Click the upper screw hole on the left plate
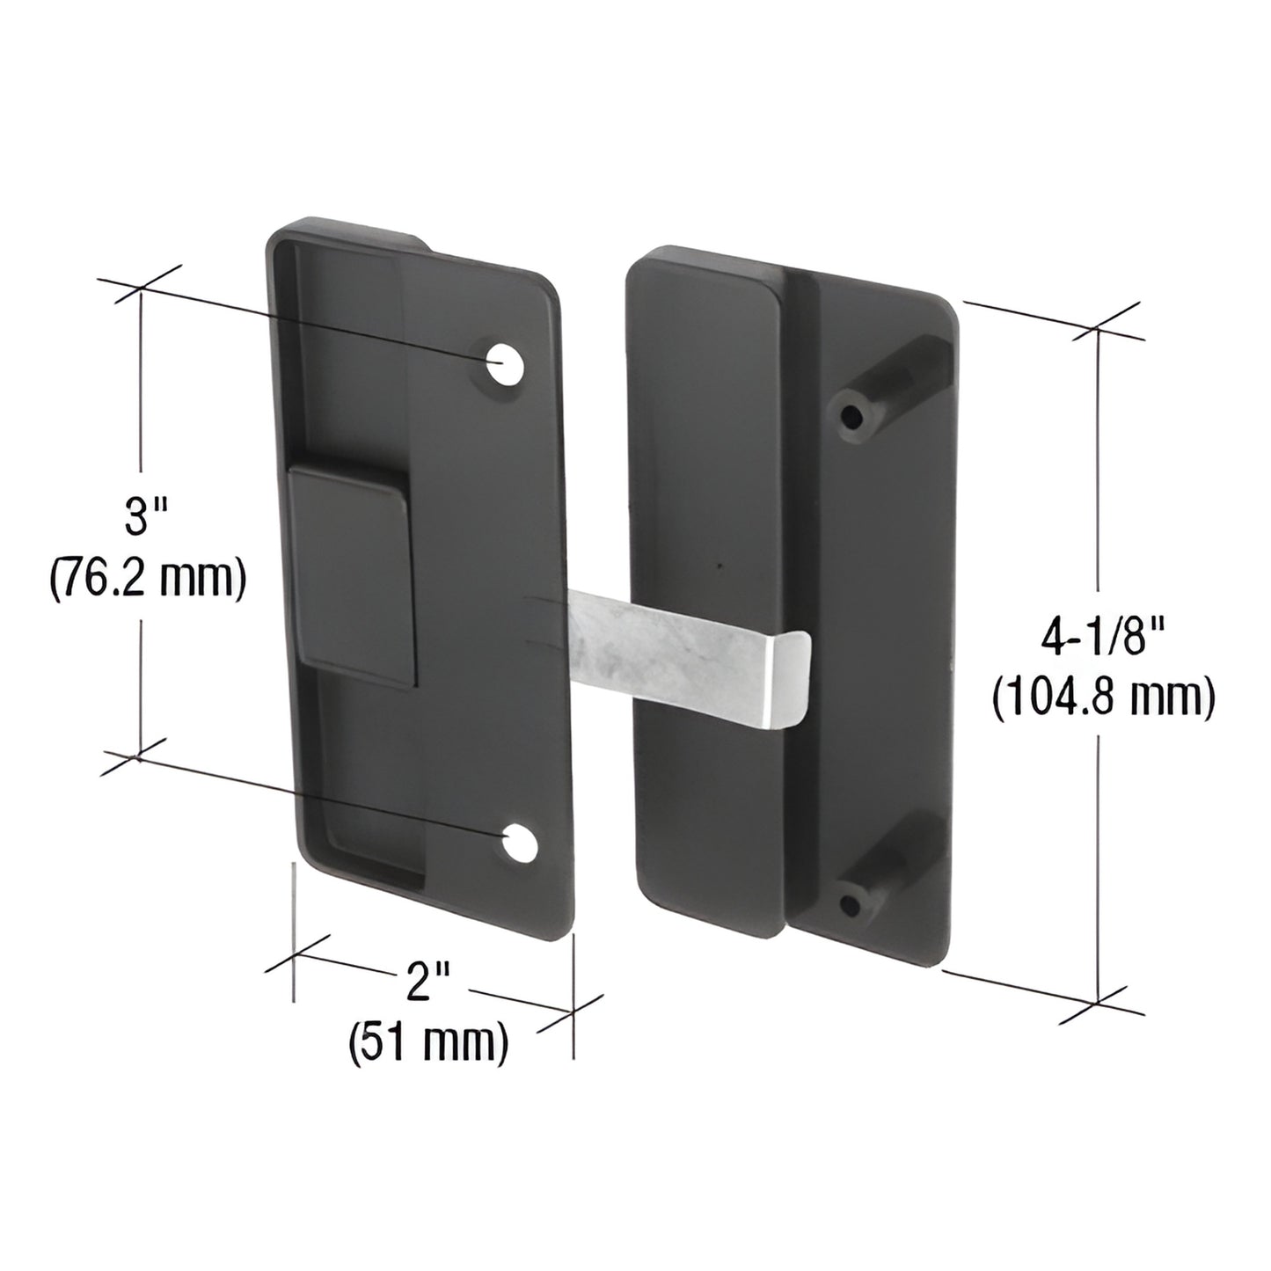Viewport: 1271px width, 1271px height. coord(502,364)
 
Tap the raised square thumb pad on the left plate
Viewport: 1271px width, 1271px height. coord(351,576)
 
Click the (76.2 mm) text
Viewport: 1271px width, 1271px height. coord(145,578)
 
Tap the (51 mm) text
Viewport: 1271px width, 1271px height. coord(429,1043)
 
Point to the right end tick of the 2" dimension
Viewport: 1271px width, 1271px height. coord(573,1012)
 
